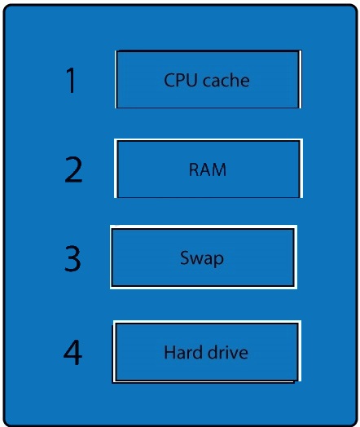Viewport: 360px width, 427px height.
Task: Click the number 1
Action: tap(71, 81)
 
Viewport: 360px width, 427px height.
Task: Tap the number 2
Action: tap(73, 169)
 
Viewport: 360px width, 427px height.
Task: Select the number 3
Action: tap(72, 258)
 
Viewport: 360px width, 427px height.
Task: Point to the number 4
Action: tap(73, 352)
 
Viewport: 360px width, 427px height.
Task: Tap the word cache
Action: tap(226, 81)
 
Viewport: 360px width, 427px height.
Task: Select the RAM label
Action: tap(208, 169)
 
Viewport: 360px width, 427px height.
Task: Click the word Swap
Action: tap(202, 258)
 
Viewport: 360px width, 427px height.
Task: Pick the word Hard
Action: tap(182, 352)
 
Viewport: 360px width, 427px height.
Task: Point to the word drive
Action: tap(228, 352)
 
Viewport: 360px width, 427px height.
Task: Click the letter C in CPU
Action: tap(169, 81)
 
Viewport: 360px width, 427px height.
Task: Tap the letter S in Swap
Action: tap(185, 258)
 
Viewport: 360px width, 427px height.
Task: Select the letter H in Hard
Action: tap(169, 352)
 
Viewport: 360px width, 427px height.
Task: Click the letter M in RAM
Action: tap(218, 169)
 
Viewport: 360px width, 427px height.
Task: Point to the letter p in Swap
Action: tap(218, 260)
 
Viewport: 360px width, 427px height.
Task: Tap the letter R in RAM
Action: tap(194, 169)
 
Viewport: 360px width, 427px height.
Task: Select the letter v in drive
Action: tap(234, 354)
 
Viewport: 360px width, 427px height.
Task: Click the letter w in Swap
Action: tap(198, 259)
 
